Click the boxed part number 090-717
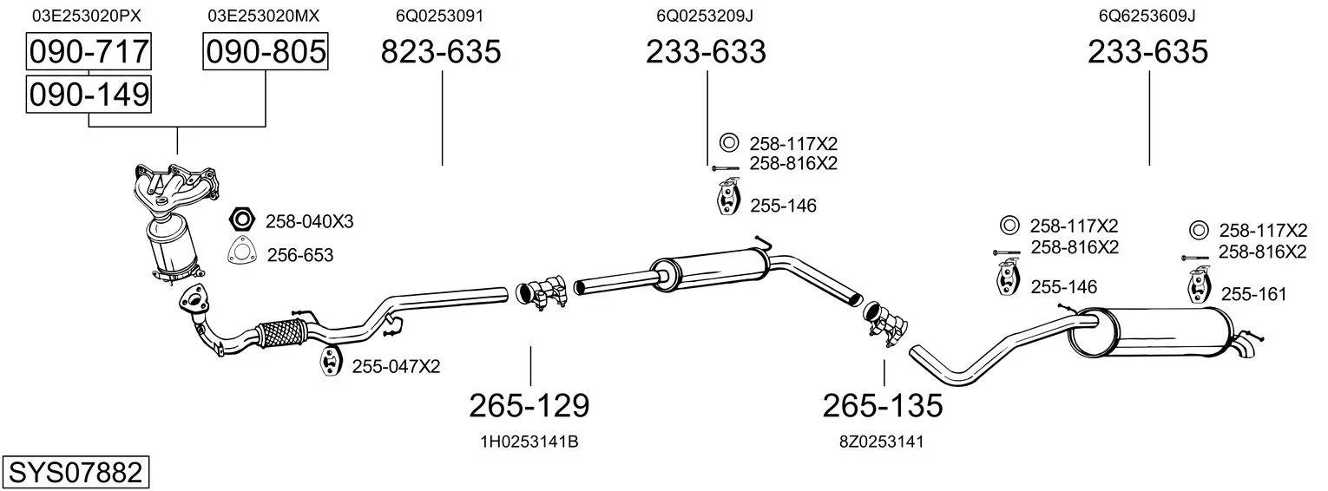tap(89, 51)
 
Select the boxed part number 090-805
tap(266, 51)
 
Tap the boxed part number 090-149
tap(89, 95)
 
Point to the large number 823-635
tap(440, 51)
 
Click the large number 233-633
tap(706, 51)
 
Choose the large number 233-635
tap(1147, 51)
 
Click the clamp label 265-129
tap(529, 406)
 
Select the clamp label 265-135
tap(882, 406)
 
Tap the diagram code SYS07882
tap(76, 473)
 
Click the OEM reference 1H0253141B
tap(529, 442)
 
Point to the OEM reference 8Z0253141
tap(882, 442)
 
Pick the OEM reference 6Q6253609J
tap(1147, 16)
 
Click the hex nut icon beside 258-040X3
tap(242, 219)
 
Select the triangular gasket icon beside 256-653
tap(241, 251)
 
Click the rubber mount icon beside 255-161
tap(1200, 285)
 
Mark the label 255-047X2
tap(396, 367)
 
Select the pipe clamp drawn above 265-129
tap(542, 292)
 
